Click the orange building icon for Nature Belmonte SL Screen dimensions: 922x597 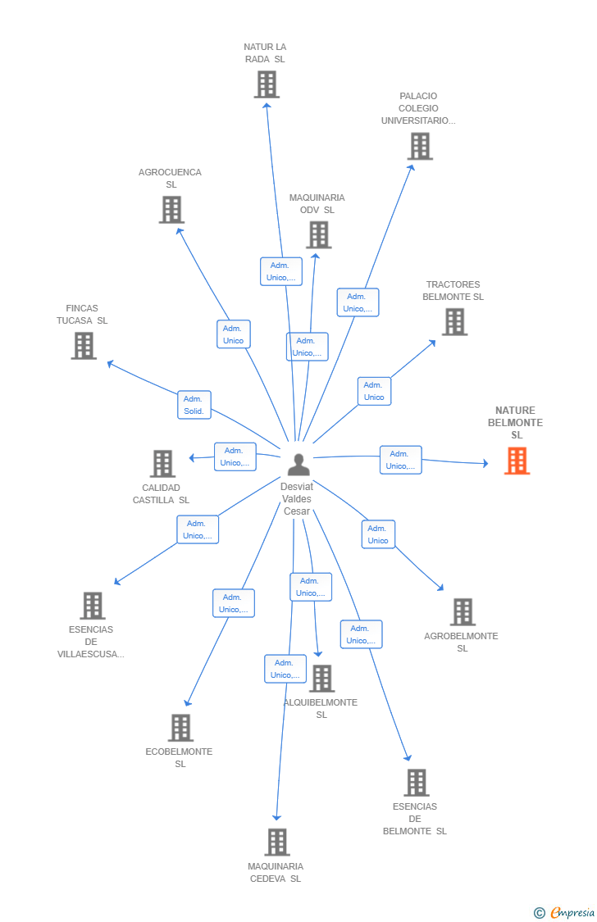click(517, 461)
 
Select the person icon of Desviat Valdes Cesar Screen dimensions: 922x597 click(298, 465)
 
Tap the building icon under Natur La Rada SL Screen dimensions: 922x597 click(267, 84)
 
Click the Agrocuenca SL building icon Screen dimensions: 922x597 click(171, 210)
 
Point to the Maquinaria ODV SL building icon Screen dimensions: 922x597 click(318, 235)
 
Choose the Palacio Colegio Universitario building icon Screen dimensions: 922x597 click(420, 146)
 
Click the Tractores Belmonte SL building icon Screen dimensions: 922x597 click(454, 322)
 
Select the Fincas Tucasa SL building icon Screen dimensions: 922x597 click(84, 346)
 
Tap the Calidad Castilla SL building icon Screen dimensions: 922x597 click(162, 464)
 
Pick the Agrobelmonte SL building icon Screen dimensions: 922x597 click(463, 612)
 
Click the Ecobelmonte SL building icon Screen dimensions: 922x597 click(180, 728)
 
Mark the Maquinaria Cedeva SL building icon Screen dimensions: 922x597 click(277, 843)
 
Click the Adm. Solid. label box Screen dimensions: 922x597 click(194, 405)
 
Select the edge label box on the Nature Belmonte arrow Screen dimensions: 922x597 click(400, 460)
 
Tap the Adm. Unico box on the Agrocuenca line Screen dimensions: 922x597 click(234, 334)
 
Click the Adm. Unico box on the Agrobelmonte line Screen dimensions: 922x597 click(378, 534)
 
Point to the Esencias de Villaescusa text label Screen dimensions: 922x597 click(91, 642)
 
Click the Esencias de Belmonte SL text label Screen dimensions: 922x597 click(415, 819)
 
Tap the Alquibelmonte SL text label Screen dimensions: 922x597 click(321, 708)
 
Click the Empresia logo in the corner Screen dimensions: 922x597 click(571, 912)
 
